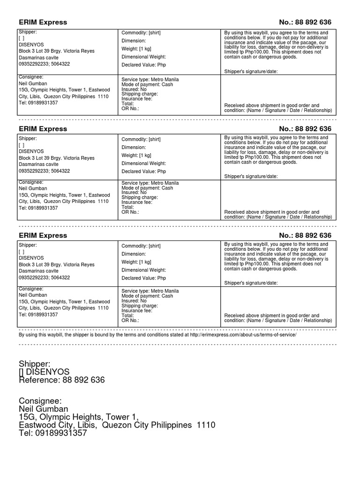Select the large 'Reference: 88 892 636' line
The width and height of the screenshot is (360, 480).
(62, 380)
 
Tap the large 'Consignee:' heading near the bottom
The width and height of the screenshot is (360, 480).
(40, 401)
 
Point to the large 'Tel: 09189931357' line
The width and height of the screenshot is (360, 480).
(53, 434)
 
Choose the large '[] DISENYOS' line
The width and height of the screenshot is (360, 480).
(44, 372)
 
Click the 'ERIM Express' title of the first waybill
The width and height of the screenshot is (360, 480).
(43, 22)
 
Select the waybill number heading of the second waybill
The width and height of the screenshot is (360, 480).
(305, 129)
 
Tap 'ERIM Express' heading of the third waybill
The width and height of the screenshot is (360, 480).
(43, 235)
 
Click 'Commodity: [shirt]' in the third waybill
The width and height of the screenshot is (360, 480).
(141, 246)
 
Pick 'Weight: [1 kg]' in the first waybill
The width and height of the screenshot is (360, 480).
(136, 49)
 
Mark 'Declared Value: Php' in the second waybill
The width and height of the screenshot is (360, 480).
(144, 172)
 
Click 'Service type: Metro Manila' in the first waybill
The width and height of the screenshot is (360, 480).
(150, 80)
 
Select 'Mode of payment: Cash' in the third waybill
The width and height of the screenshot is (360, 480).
(147, 296)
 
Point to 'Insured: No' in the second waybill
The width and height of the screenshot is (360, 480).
(134, 192)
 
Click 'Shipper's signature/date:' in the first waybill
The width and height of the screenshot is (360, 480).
(251, 71)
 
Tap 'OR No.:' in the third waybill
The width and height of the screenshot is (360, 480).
(130, 320)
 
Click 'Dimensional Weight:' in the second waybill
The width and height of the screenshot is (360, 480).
(144, 164)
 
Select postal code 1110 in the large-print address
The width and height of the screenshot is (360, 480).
(206, 426)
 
